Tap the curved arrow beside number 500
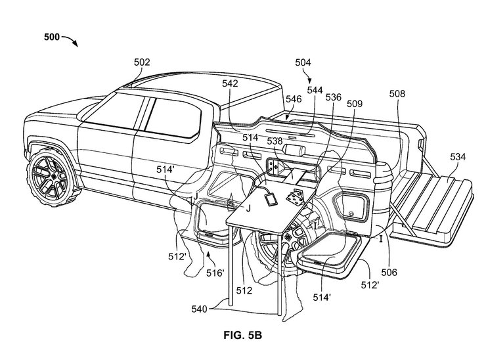pos(69,42)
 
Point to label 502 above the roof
pos(142,62)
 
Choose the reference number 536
pos(334,97)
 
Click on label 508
pos(397,93)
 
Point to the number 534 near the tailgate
pos(459,157)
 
